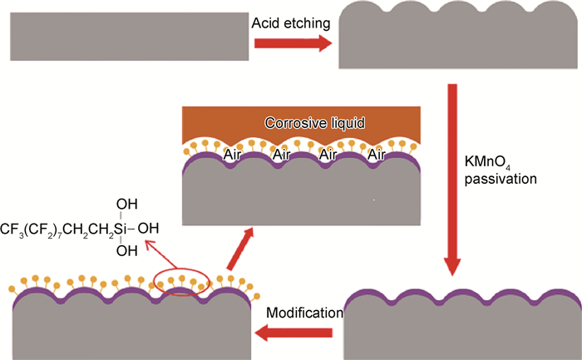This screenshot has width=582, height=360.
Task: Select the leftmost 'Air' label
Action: click(x=234, y=154)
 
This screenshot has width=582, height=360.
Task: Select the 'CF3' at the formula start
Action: click(x=12, y=227)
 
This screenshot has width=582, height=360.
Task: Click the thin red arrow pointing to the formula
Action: click(x=155, y=254)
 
